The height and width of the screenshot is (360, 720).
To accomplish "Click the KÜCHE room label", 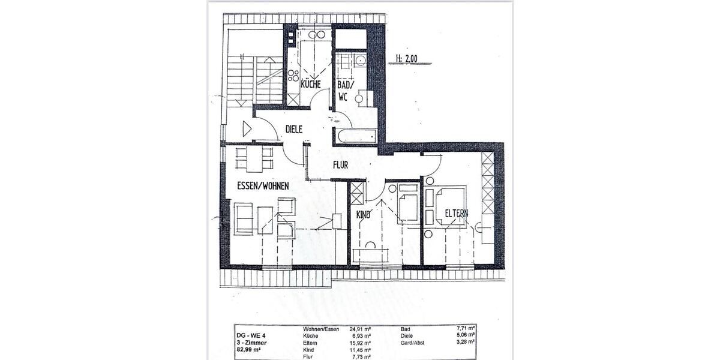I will click(311, 85).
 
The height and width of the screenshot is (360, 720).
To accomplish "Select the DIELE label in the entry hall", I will click(293, 128).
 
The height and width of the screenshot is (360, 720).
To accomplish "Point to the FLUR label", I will click(340, 164).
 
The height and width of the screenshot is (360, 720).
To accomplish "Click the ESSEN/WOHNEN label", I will click(263, 187).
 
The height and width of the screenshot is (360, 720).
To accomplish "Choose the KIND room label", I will click(364, 214).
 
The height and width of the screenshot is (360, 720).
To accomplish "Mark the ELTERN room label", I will click(456, 213).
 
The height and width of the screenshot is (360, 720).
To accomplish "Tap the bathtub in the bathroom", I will click(356, 136).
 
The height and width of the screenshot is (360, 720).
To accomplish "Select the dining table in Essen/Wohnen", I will click(254, 160).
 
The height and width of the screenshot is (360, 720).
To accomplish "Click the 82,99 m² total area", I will click(249, 350).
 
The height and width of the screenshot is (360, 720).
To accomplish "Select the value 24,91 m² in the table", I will click(359, 329).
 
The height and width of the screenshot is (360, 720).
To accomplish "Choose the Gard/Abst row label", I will click(413, 343).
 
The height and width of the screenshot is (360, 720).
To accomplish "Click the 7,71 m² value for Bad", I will click(466, 329).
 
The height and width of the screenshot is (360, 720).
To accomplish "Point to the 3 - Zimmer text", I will click(251, 343).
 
